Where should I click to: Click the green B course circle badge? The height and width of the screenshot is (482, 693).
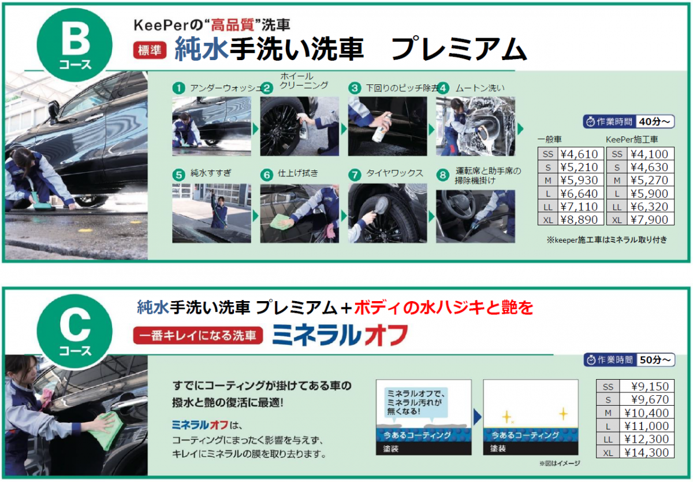pos(74,45)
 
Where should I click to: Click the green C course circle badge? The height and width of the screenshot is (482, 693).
pos(74,331)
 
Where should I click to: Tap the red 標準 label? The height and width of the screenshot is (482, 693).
pos(150,50)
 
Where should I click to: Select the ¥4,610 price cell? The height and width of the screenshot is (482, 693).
pos(579,154)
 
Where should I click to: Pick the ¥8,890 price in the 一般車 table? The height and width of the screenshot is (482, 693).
pos(579,220)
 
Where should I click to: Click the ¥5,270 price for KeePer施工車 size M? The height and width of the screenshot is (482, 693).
pos(649,180)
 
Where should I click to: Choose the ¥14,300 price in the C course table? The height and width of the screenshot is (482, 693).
pos(646,453)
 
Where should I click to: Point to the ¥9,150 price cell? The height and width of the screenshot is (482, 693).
pos(646,386)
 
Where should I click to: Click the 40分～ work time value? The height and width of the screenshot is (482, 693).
pos(654,122)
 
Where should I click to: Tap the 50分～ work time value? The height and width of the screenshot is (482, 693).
pos(655,359)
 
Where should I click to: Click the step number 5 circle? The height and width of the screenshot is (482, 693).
pos(178,175)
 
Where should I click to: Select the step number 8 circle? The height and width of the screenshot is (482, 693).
pos(443,175)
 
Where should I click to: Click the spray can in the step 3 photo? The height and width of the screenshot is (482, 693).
pos(382,128)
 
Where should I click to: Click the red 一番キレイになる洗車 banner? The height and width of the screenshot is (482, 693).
pos(198,336)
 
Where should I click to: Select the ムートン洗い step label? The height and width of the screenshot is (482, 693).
pos(480,88)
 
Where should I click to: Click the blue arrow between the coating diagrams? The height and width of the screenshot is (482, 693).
pos(478,417)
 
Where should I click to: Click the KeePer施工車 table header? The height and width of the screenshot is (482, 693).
pos(632,140)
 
